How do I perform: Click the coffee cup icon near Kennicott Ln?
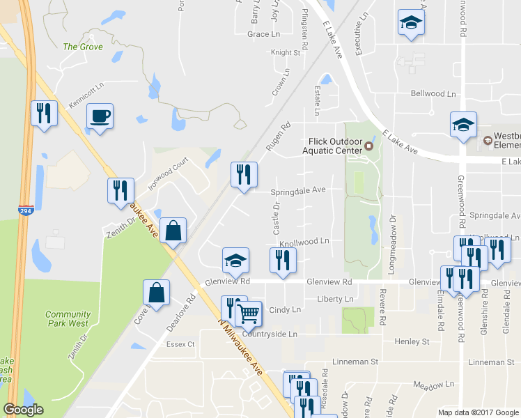pos(100,116)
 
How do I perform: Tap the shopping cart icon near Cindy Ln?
pos(248,313)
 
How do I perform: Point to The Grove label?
pos(83,47)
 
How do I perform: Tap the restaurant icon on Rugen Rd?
pos(244,174)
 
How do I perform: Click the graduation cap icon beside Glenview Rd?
pos(235,260)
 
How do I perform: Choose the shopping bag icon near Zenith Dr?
pos(173,230)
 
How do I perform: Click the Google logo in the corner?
pos(23,410)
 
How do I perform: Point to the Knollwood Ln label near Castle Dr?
pos(304,241)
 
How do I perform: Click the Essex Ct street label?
pos(180,344)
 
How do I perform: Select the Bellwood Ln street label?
pos(433,93)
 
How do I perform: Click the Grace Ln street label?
pos(263,34)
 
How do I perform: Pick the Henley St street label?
pos(412,341)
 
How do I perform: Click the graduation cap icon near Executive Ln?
pos(410,23)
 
